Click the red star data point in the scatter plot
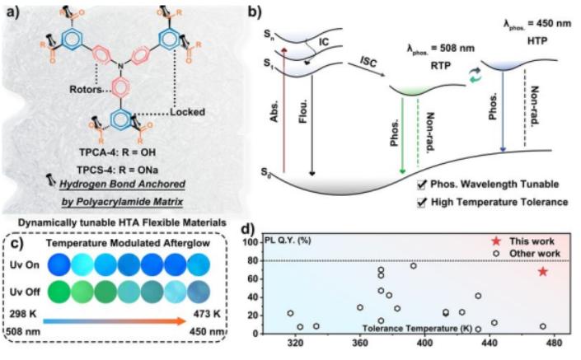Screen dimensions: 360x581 [x=542, y=271]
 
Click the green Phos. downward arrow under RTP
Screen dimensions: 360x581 [x=402, y=132]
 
